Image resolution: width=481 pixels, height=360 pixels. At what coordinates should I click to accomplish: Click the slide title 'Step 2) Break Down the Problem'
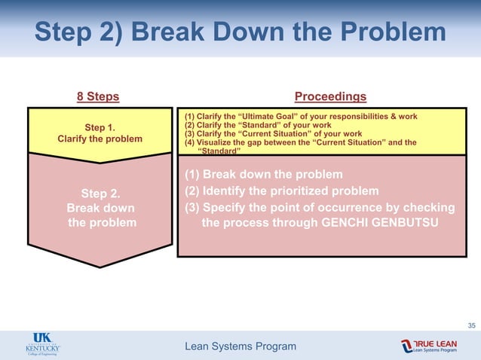point(240,32)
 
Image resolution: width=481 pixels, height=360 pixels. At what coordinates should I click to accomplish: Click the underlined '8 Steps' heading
point(98,96)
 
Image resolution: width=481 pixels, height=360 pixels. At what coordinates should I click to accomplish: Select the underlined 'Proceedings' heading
point(330,96)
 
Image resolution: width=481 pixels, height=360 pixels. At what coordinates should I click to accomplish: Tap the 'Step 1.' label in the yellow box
point(100,127)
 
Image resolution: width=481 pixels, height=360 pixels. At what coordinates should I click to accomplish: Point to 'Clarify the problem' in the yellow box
point(100,139)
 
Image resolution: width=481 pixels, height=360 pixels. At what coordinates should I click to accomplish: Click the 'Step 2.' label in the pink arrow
point(101,194)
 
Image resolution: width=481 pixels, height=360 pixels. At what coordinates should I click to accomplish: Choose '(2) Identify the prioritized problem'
point(281,190)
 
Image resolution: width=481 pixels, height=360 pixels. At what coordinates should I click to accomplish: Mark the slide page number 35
point(471,325)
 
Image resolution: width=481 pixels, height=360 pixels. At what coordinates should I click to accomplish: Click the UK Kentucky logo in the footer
point(41,345)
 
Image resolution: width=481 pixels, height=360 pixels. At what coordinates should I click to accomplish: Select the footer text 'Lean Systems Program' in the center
point(240,346)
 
